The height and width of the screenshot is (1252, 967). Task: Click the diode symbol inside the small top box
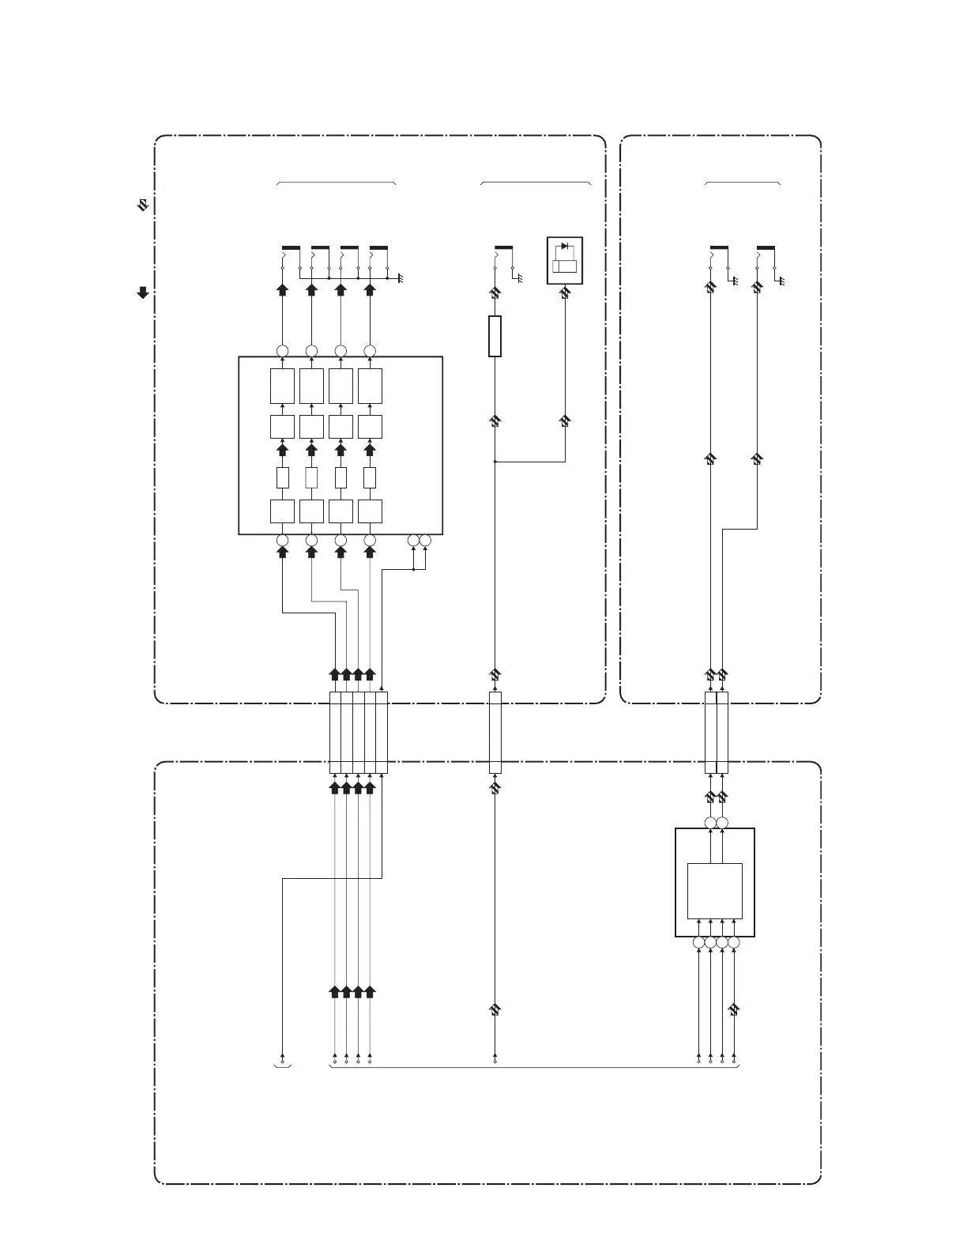pyautogui.click(x=565, y=247)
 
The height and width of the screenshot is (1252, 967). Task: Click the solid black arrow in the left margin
pyautogui.click(x=143, y=292)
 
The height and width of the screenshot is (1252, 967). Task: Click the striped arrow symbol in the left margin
pyautogui.click(x=143, y=206)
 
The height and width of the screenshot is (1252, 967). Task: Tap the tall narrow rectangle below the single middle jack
pyautogui.click(x=495, y=336)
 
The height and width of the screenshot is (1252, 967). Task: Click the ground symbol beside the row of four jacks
pyautogui.click(x=401, y=279)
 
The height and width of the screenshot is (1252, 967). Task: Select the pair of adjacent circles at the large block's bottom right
pyautogui.click(x=419, y=541)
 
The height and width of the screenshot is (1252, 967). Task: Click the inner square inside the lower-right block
pyautogui.click(x=715, y=891)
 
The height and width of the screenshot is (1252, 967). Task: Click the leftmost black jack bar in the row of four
pyautogui.click(x=291, y=247)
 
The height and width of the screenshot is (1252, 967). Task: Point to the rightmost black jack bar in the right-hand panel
pyautogui.click(x=766, y=247)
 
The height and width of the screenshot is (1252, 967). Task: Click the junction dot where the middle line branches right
pyautogui.click(x=495, y=461)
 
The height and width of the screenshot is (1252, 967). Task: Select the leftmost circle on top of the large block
pyautogui.click(x=282, y=350)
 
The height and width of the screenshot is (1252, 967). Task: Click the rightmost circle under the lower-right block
pyautogui.click(x=734, y=942)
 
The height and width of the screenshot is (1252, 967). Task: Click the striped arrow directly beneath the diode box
pyautogui.click(x=564, y=293)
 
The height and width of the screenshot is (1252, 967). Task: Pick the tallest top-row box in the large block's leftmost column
pyautogui.click(x=282, y=386)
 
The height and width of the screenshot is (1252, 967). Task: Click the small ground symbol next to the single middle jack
pyautogui.click(x=520, y=279)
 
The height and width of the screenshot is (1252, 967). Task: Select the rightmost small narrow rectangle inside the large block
pyautogui.click(x=369, y=478)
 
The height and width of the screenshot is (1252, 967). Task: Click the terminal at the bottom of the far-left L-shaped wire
pyautogui.click(x=282, y=1057)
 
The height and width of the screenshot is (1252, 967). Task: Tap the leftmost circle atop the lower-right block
pyautogui.click(x=710, y=824)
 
